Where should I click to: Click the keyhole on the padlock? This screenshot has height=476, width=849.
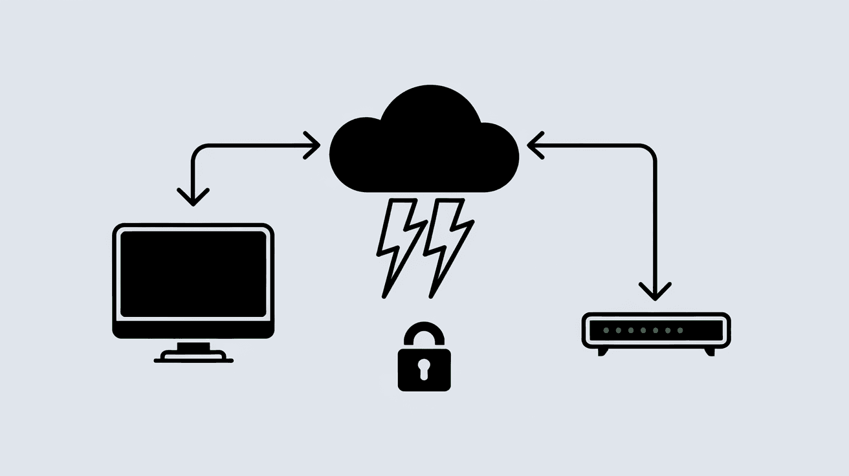424,369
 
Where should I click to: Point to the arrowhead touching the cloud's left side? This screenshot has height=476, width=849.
314,146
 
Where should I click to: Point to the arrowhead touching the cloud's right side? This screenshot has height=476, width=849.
535,146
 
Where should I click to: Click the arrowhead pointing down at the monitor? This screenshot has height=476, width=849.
193,196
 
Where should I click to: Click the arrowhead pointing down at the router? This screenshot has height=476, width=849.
656,290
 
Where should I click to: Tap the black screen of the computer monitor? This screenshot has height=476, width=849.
193,273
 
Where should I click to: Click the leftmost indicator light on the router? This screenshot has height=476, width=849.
606,330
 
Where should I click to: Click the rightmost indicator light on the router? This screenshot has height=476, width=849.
679,330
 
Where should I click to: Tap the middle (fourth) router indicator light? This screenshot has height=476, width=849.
643,330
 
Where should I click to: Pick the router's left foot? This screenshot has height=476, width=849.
602,351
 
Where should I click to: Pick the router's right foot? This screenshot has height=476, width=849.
710,351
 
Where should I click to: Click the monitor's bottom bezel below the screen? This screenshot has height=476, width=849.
193,329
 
